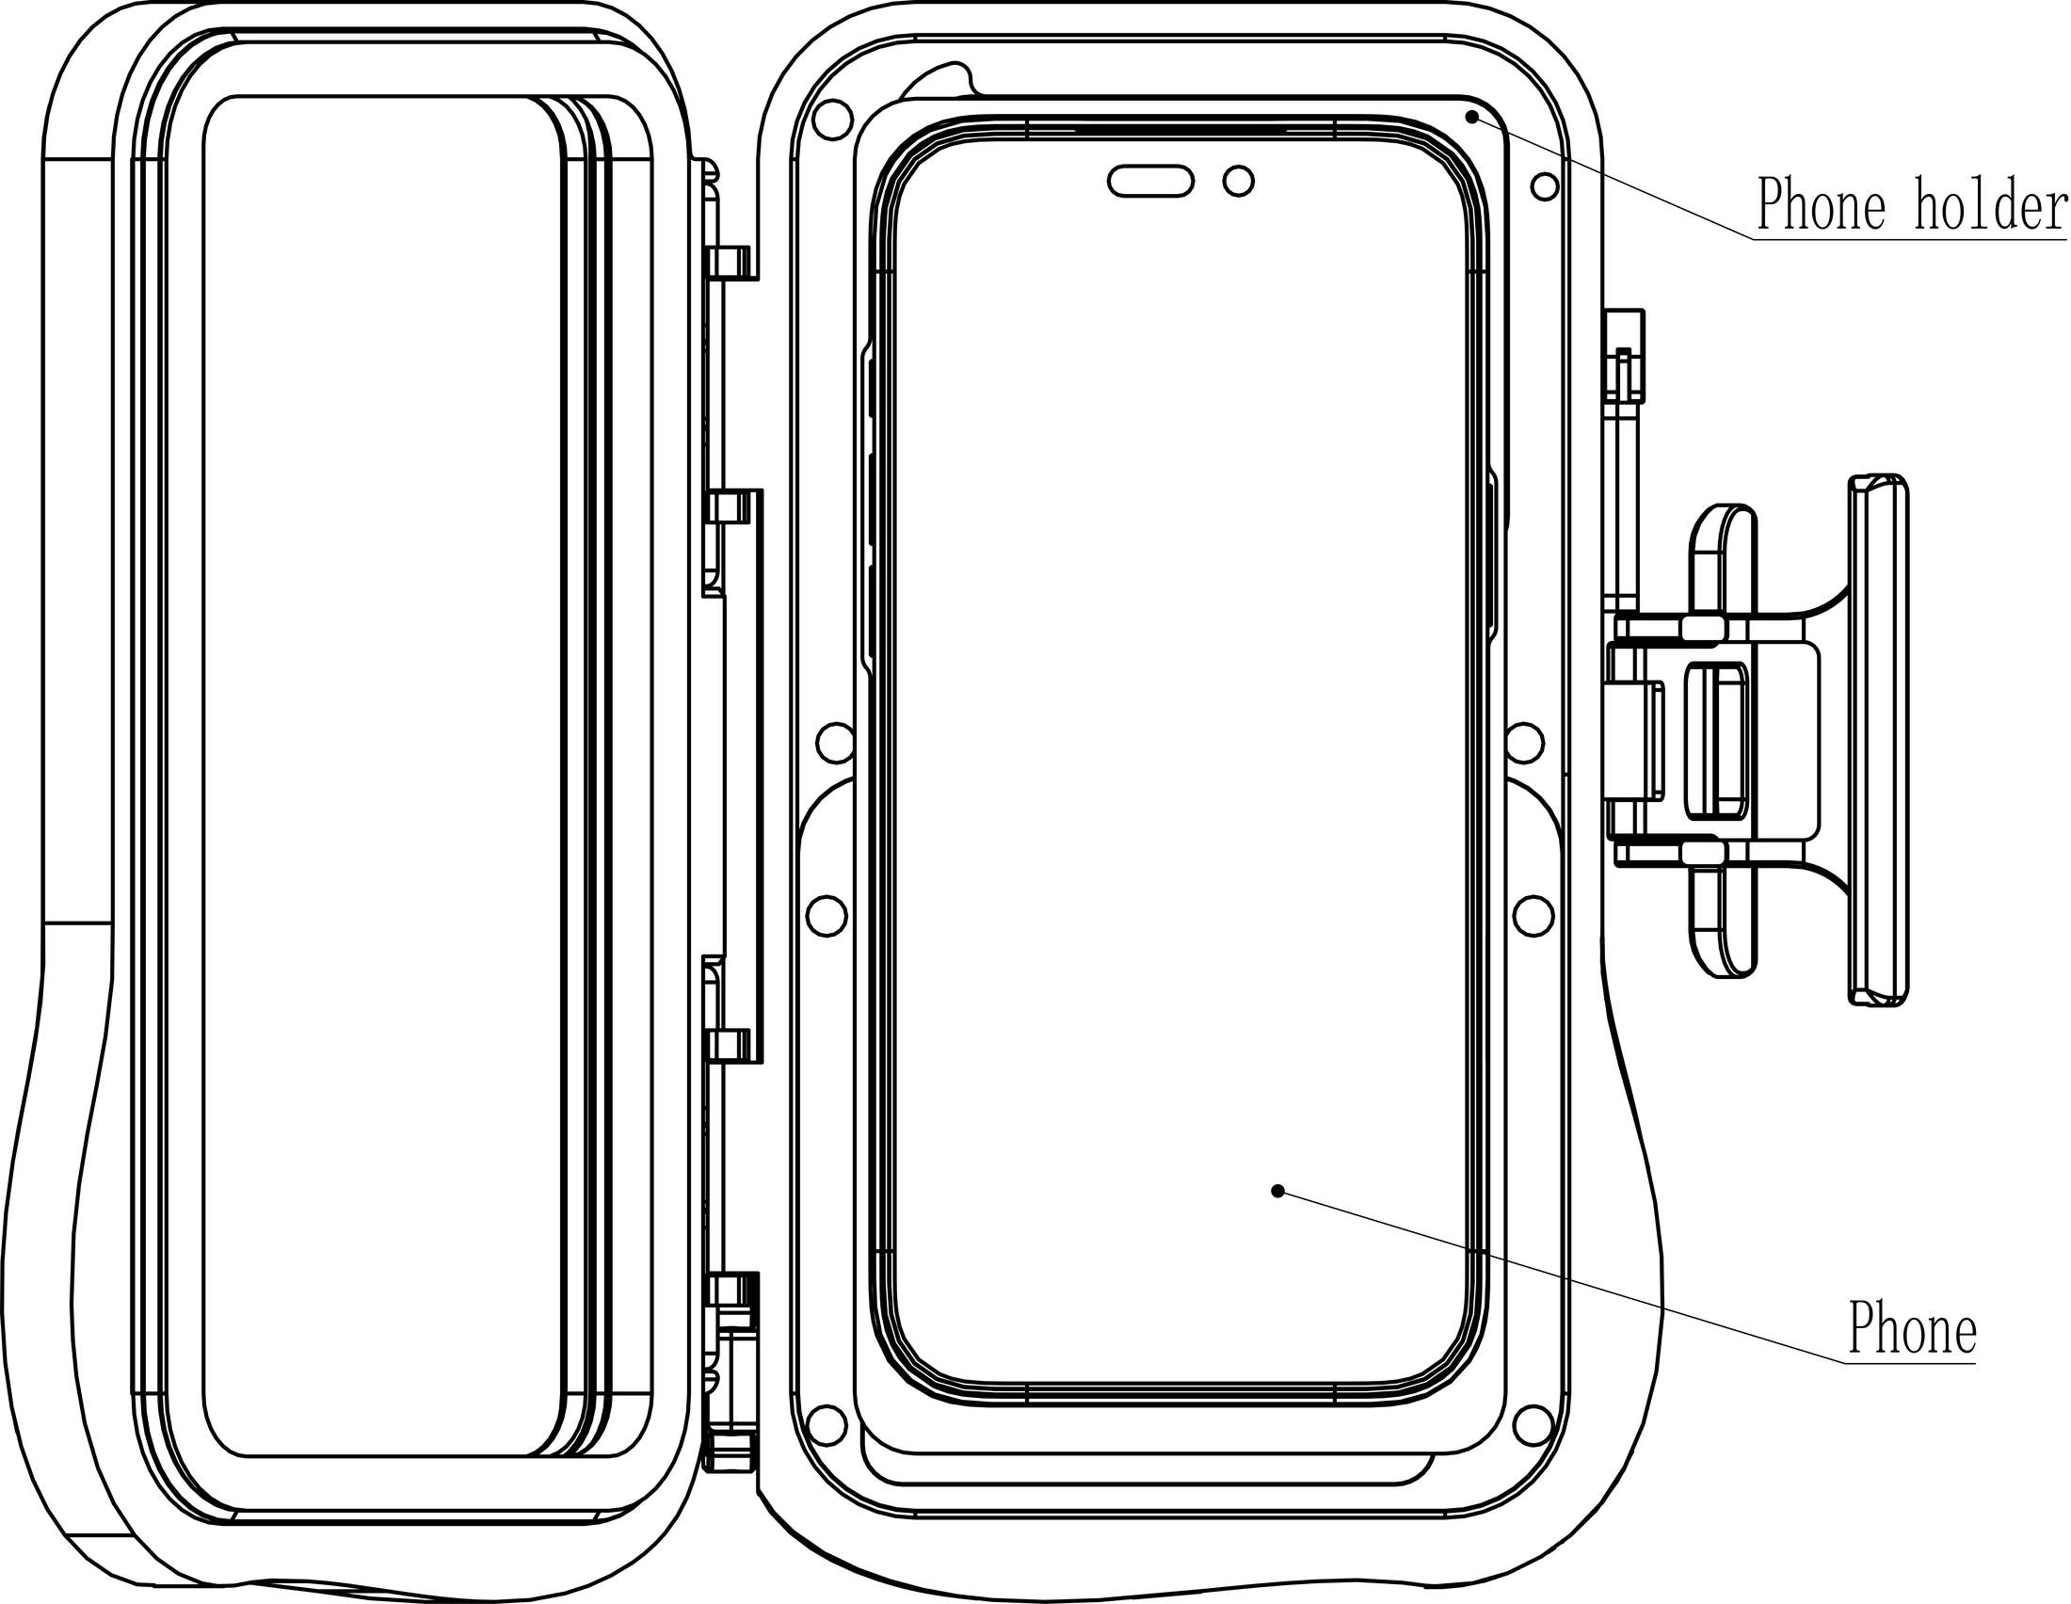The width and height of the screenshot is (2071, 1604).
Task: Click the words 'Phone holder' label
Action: (x=1911, y=203)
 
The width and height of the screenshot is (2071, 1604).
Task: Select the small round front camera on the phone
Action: (x=1239, y=180)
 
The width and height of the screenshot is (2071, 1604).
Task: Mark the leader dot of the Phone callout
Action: (x=1277, y=1191)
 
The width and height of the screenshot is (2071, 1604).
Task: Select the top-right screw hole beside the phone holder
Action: (x=1545, y=186)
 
